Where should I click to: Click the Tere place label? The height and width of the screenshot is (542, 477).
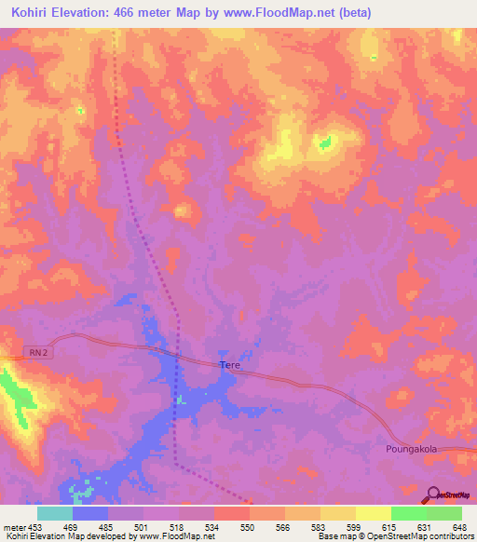(230, 366)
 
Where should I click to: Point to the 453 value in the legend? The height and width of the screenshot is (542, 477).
(35, 527)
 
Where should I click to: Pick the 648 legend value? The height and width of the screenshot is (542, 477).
(459, 527)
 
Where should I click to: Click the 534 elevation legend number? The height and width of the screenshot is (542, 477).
(212, 527)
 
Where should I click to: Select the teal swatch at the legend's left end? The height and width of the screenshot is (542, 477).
(54, 513)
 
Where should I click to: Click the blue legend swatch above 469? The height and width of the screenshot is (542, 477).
(90, 513)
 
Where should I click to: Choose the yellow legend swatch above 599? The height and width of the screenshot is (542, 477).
(338, 513)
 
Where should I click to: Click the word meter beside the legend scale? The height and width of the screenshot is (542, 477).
(13, 527)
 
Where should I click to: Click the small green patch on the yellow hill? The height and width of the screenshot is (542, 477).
(325, 142)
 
